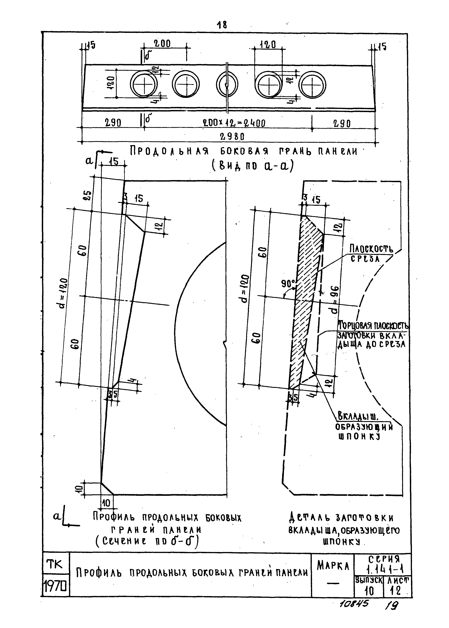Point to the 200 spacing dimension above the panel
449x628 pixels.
[x=162, y=44]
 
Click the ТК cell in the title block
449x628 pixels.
[x=56, y=565]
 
